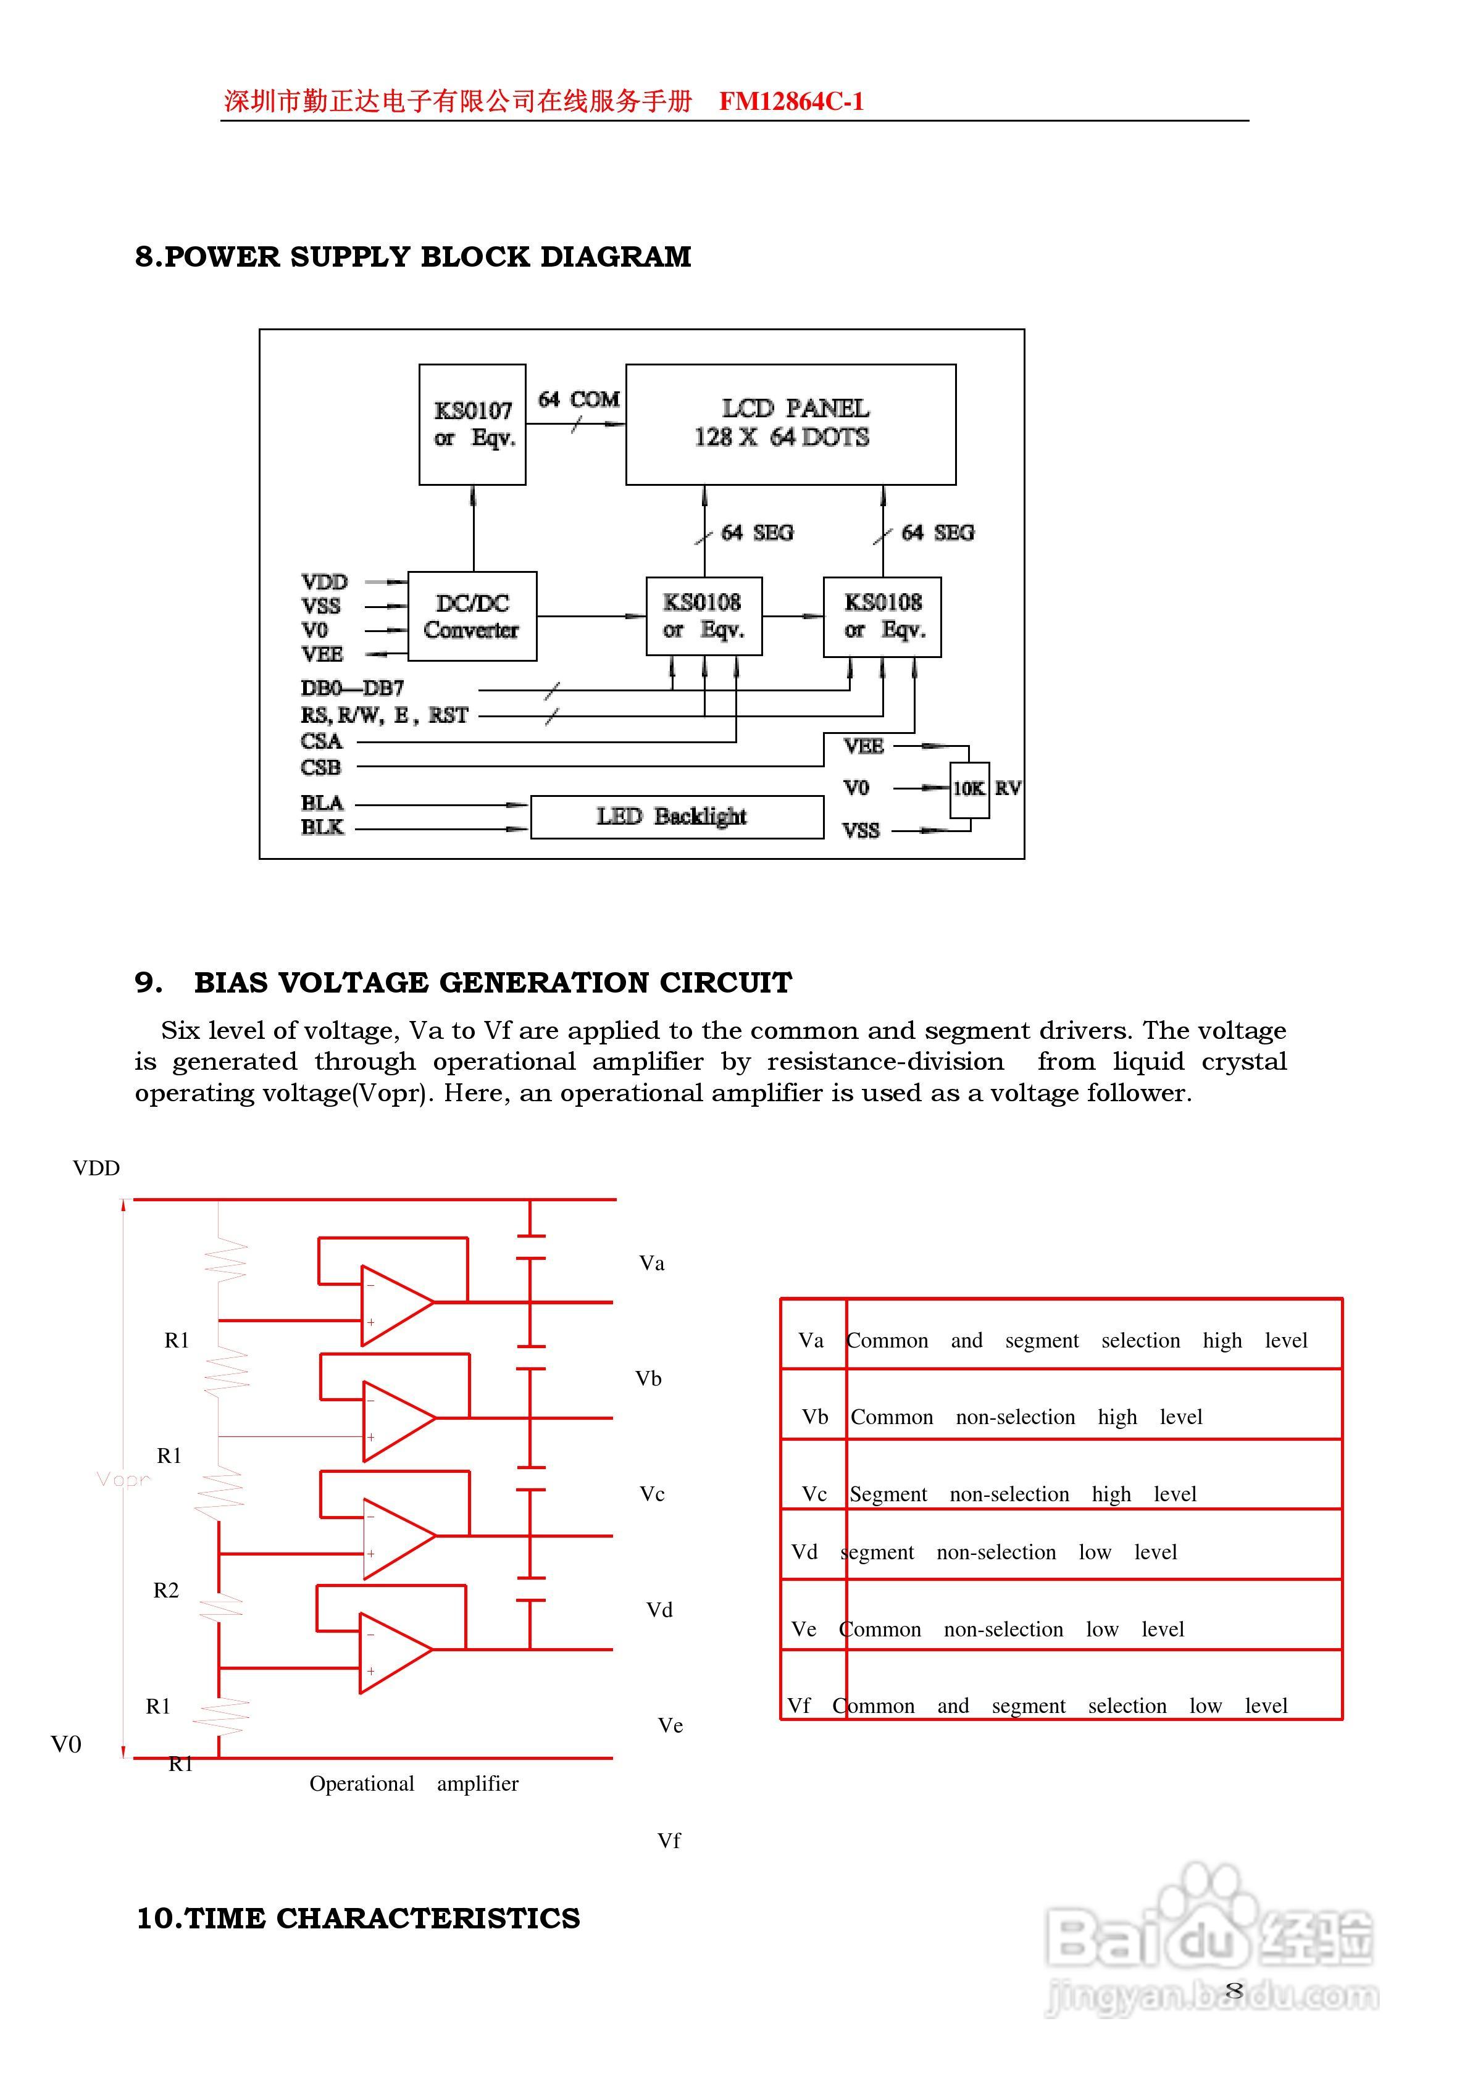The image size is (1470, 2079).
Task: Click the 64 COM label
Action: pyautogui.click(x=578, y=399)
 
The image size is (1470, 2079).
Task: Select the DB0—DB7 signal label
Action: pyautogui.click(x=353, y=688)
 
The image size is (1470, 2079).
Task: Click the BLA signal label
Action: pyautogui.click(x=322, y=803)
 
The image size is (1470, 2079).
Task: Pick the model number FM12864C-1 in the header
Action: pyautogui.click(x=791, y=101)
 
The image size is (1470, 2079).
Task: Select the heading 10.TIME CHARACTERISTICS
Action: pyautogui.click(x=357, y=1919)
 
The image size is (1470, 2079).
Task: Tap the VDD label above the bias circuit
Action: pyautogui.click(x=96, y=1168)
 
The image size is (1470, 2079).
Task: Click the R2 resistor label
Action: pyautogui.click(x=165, y=1590)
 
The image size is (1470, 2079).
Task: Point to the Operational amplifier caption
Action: pyautogui.click(x=414, y=1783)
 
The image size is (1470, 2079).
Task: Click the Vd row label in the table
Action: pyautogui.click(x=804, y=1552)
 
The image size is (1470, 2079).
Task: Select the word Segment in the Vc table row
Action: pyautogui.click(x=888, y=1494)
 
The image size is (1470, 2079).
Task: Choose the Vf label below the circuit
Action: pyautogui.click(x=669, y=1841)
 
